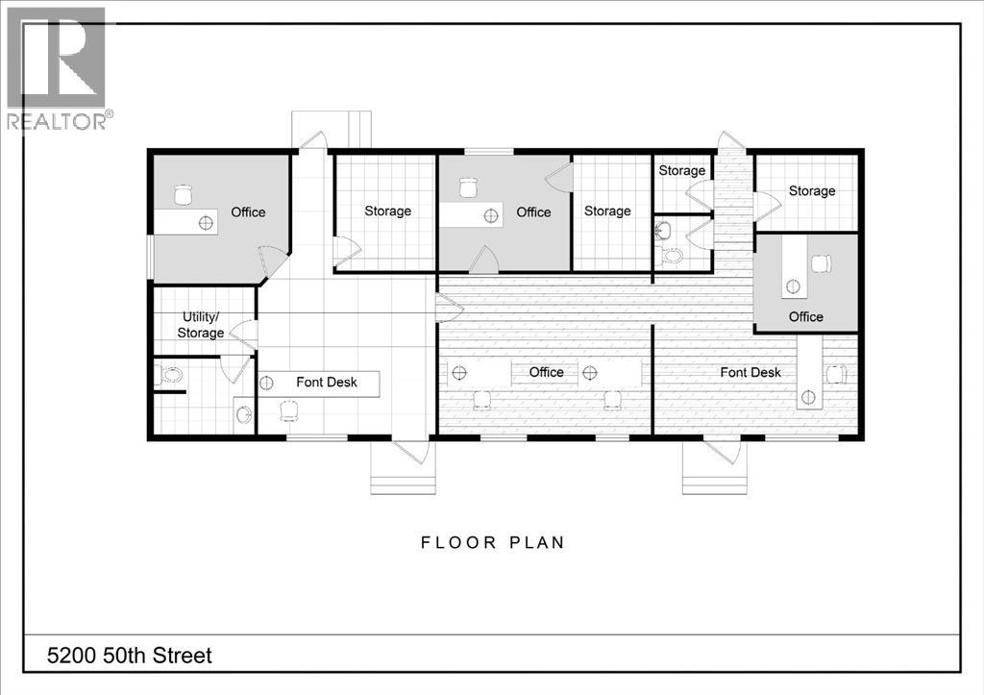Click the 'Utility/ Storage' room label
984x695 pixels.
pos(202,325)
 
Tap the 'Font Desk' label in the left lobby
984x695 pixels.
pos(326,382)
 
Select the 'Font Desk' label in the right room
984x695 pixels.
pos(750,372)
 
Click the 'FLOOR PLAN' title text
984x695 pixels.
pos(493,542)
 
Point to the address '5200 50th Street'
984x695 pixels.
pos(129,656)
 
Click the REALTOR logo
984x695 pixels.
pos(58,68)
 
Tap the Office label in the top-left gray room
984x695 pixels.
pos(248,211)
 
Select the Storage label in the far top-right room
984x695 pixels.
pos(812,190)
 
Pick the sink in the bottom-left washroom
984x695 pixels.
pos(243,414)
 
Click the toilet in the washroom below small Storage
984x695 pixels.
pos(672,256)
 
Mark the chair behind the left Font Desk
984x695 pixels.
pos(287,411)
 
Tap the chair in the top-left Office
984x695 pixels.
pos(184,195)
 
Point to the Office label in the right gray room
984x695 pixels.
pos(806,316)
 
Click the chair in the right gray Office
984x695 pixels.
pos(822,262)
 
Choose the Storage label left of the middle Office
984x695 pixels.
pos(387,211)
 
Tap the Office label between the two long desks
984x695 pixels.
pos(546,372)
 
